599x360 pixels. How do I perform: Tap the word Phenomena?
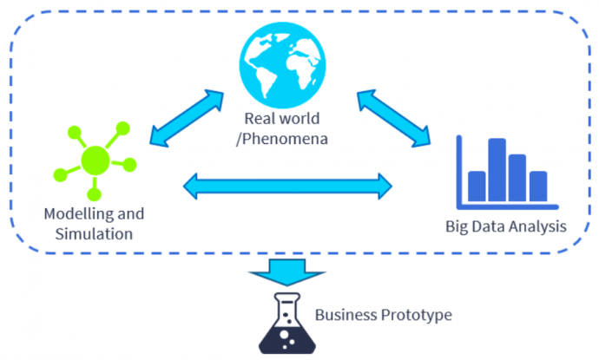coord(292,136)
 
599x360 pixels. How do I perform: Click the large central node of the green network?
coord(95,159)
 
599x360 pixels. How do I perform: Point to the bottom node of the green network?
coord(95,193)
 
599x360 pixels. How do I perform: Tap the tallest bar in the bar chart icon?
coord(497,168)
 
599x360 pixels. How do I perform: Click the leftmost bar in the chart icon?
coord(477,185)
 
